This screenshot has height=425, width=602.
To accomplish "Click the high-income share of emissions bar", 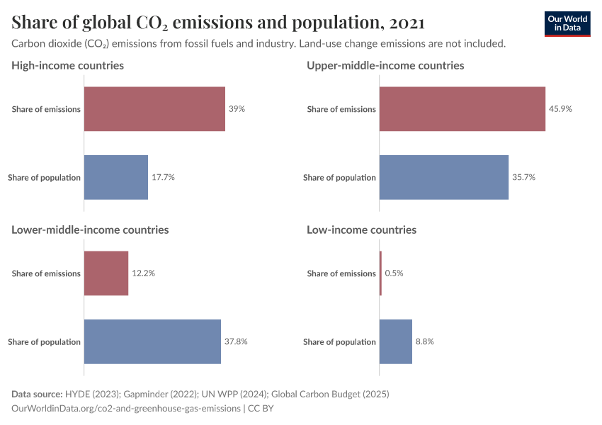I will click(154, 109).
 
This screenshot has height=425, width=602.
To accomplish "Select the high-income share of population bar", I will click(116, 177).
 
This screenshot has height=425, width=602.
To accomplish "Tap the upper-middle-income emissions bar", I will click(462, 109).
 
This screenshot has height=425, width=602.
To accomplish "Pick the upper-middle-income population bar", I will click(444, 177).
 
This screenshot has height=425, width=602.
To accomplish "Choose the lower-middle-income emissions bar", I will click(106, 273).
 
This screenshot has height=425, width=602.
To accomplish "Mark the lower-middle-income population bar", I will click(152, 341).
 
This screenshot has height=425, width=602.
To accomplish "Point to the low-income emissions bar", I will click(380, 273).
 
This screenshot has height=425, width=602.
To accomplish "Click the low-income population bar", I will click(396, 341).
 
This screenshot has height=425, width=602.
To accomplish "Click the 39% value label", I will click(237, 109).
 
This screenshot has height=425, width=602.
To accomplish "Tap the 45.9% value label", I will click(560, 109).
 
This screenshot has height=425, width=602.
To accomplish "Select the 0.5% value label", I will click(394, 273).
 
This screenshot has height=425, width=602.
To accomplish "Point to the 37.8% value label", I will click(236, 341).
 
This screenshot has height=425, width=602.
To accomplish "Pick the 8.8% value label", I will click(424, 341).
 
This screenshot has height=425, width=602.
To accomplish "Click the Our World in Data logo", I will click(567, 23).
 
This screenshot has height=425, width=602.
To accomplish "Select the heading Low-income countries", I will click(361, 229).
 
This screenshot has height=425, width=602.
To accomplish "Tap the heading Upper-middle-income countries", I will click(385, 65).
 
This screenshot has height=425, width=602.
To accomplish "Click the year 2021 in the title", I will click(407, 23).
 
